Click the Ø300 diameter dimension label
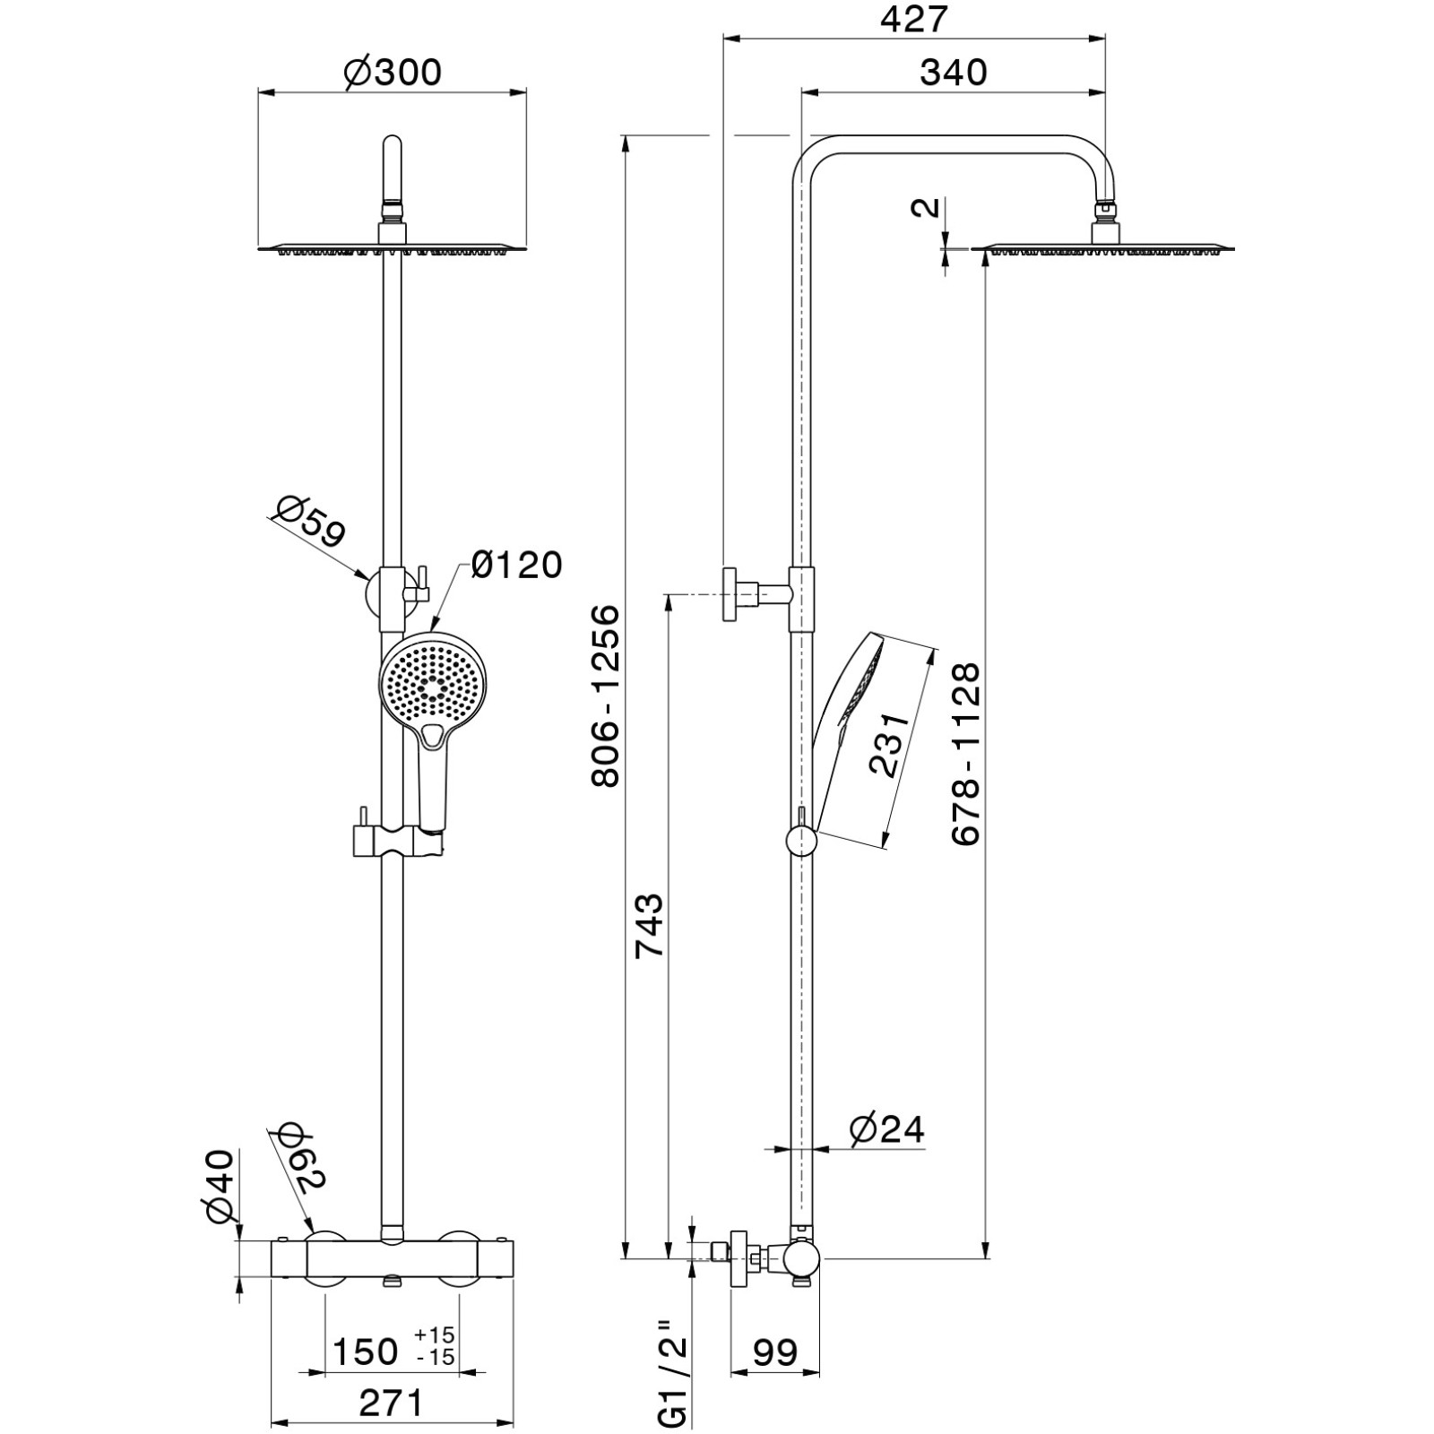point(393,72)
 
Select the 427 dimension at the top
point(913,19)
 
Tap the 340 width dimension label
point(954,72)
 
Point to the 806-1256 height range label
point(606,696)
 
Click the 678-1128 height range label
point(967,754)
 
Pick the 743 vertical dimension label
point(650,925)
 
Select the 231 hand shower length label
point(890,745)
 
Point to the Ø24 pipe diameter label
point(885,1128)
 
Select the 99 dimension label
point(775,1352)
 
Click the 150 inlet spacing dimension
point(366,1352)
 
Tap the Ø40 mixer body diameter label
point(220,1186)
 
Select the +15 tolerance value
point(436,1337)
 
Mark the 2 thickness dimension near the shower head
point(928,208)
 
